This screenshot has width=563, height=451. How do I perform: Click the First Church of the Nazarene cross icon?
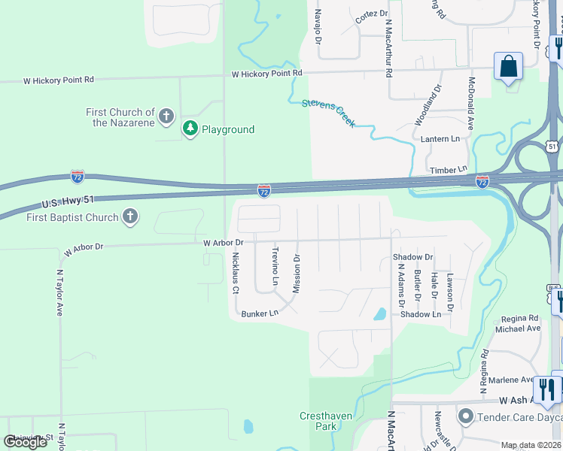click(x=166, y=117)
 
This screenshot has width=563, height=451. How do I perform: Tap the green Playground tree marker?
click(x=190, y=129)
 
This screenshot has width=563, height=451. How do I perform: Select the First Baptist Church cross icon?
click(x=130, y=217)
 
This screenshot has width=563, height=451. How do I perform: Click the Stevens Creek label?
click(x=328, y=113)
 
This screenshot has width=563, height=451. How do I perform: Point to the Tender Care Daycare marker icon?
click(x=466, y=416)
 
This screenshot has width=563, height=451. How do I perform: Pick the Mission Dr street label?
click(x=297, y=274)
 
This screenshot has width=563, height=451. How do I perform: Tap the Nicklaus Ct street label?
click(x=236, y=272)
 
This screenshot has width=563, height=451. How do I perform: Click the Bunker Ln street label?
click(x=260, y=313)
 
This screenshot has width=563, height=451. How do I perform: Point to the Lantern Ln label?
click(x=440, y=139)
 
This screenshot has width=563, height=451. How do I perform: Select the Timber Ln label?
click(x=447, y=171)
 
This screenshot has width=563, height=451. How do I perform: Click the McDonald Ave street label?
click(x=471, y=104)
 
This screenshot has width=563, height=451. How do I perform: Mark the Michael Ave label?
click(x=518, y=328)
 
